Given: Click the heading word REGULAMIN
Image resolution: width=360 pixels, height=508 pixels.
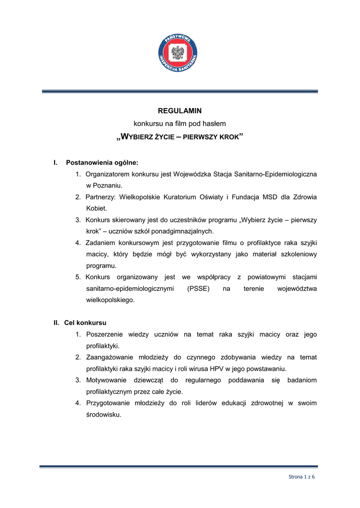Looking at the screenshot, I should [180, 111].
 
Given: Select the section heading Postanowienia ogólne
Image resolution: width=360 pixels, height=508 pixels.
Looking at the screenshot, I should [102, 162].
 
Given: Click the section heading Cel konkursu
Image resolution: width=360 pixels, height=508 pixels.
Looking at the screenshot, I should [85, 322].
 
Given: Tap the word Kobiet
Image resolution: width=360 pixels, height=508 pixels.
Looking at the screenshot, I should [96, 208].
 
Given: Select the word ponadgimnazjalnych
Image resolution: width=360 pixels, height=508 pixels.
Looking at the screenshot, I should [183, 231].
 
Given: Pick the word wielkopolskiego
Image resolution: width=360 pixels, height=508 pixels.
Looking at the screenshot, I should [110, 300].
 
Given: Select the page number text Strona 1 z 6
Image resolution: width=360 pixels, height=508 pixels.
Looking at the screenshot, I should [302, 477].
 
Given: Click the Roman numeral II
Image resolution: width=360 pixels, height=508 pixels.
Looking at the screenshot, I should [57, 322].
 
